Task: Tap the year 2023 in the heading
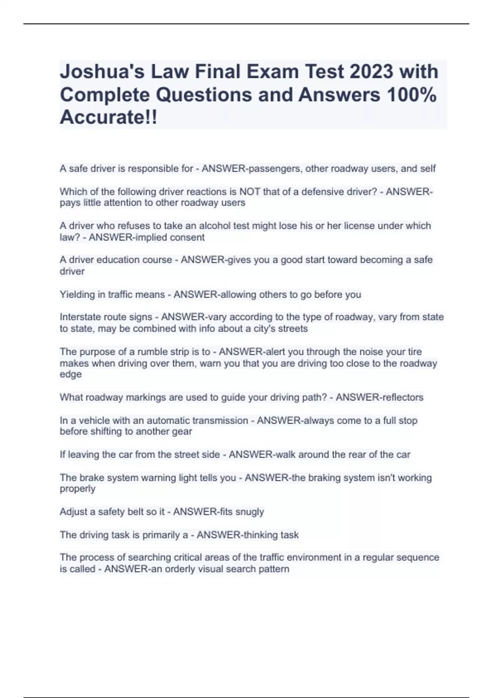(371, 72)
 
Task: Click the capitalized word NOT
(249, 192)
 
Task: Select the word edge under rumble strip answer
(71, 374)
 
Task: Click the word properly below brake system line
(78, 489)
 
